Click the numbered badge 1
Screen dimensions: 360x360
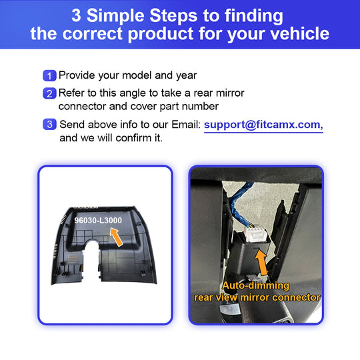(49, 75)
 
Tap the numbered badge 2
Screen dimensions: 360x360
(49, 93)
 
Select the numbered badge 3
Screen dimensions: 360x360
(49, 125)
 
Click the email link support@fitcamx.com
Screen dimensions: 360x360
(263, 125)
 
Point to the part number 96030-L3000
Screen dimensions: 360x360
(98, 221)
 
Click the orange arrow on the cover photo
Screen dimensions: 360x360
(116, 237)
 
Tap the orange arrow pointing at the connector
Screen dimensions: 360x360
(261, 263)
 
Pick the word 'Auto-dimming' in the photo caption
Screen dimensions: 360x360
(255, 285)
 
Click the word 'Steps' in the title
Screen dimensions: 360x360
(173, 15)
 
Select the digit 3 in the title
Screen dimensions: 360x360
(76, 15)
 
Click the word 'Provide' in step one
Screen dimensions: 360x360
(77, 75)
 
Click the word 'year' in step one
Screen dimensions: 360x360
(187, 76)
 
